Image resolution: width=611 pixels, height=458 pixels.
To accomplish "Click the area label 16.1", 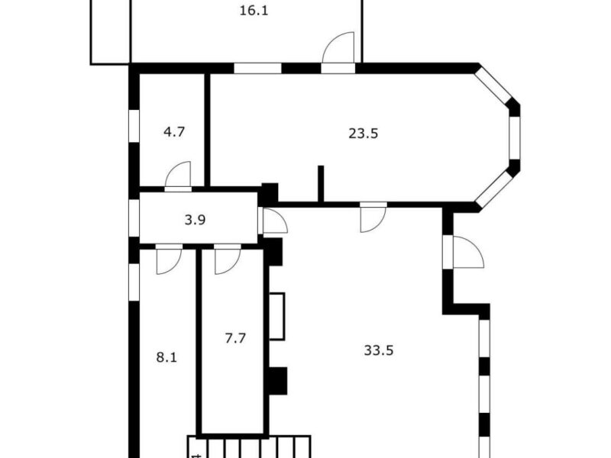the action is [x=254, y=11].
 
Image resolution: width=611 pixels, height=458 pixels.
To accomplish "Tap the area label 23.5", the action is [x=364, y=134].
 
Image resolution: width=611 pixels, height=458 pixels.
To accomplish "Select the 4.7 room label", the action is [x=174, y=132].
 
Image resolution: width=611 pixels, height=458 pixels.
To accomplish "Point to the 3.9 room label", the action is [x=195, y=220].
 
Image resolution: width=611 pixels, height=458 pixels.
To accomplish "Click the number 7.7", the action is [x=235, y=338].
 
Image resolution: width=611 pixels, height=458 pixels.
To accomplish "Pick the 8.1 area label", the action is [x=166, y=357].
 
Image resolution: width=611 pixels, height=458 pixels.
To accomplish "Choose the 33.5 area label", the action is [x=378, y=350].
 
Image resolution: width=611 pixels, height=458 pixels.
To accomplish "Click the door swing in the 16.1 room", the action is [x=338, y=47].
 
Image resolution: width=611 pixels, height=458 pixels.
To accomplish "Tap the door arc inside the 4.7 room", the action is [x=178, y=174].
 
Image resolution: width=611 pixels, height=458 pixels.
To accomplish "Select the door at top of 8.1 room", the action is [x=169, y=261].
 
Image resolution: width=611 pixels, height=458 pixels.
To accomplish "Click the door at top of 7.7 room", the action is [x=228, y=261].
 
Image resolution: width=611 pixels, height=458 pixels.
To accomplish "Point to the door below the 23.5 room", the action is [x=373, y=220].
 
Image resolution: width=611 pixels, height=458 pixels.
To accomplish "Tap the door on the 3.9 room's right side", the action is [x=276, y=221].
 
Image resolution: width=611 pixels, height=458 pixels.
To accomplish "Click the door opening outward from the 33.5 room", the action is [x=468, y=252].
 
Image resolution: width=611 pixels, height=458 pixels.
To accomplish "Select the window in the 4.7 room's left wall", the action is [x=134, y=126].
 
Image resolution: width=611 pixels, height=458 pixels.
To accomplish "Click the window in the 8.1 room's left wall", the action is [x=134, y=282].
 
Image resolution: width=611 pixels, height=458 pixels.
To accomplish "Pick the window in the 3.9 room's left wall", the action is [x=134, y=218].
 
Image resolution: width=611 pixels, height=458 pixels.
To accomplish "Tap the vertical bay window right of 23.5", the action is [x=515, y=137].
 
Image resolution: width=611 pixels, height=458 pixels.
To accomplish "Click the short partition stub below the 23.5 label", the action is [x=321, y=184].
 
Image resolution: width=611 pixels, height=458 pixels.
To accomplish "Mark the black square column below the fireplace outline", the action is [x=278, y=381].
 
